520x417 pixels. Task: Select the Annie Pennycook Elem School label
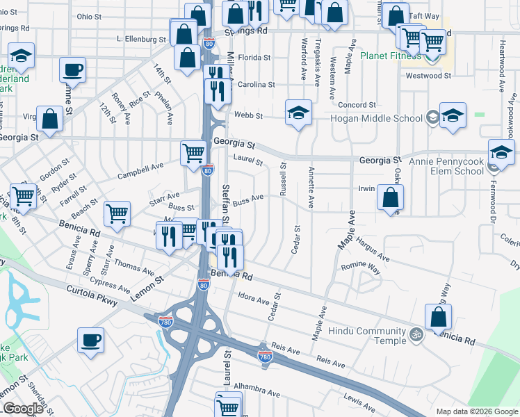(x=440, y=166)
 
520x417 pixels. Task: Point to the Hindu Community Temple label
(x=366, y=336)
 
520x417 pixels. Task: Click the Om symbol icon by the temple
(x=416, y=334)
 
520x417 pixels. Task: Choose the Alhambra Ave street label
(x=257, y=389)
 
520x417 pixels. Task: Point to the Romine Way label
(x=361, y=267)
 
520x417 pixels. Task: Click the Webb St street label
(x=249, y=116)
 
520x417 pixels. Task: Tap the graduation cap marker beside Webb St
(x=298, y=113)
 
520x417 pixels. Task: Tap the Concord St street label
(x=357, y=105)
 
